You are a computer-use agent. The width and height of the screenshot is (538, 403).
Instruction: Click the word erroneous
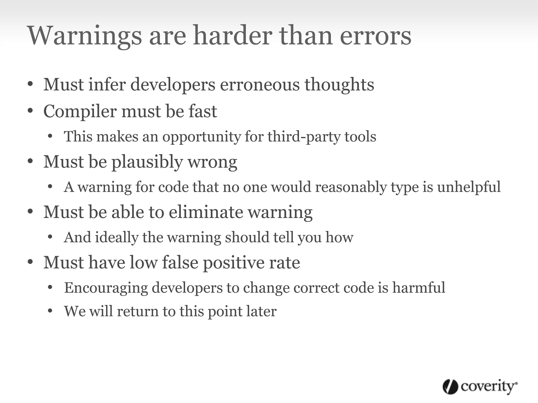click(260, 84)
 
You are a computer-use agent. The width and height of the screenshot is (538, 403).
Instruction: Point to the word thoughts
click(339, 84)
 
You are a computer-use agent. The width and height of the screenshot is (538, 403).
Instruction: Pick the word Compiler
click(80, 111)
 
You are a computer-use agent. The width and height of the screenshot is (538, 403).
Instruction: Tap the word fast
click(203, 111)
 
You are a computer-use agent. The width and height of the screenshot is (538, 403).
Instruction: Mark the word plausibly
click(147, 162)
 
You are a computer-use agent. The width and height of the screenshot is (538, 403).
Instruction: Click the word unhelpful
click(469, 187)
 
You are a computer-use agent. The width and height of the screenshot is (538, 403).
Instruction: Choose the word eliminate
click(206, 212)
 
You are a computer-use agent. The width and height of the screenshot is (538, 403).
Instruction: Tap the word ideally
click(116, 237)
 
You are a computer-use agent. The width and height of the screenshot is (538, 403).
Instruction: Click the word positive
click(233, 262)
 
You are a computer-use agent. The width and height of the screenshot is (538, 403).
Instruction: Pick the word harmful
click(419, 287)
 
